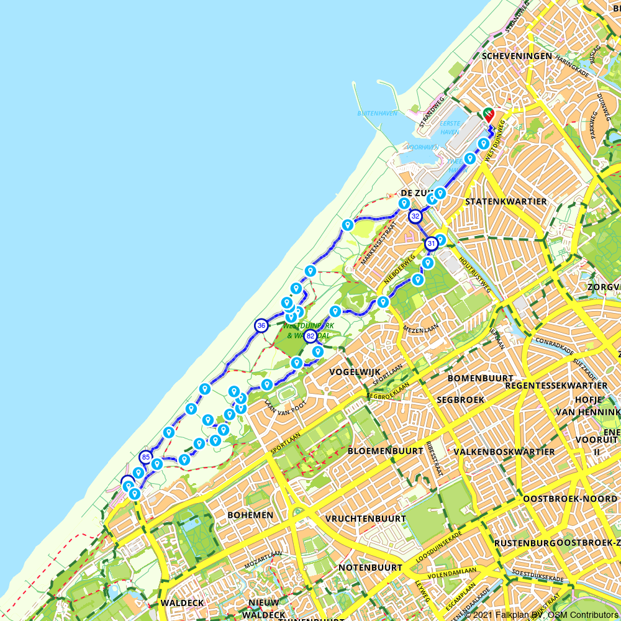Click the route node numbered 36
261,325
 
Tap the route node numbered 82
310,337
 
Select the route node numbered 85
146,458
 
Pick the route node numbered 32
415,217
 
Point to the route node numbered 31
431,244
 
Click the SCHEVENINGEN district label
517,56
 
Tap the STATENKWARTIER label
505,201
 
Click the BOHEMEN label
250,515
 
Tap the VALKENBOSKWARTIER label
504,451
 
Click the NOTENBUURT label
370,568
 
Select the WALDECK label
182,603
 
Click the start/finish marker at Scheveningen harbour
489,114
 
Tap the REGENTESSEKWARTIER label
556,386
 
